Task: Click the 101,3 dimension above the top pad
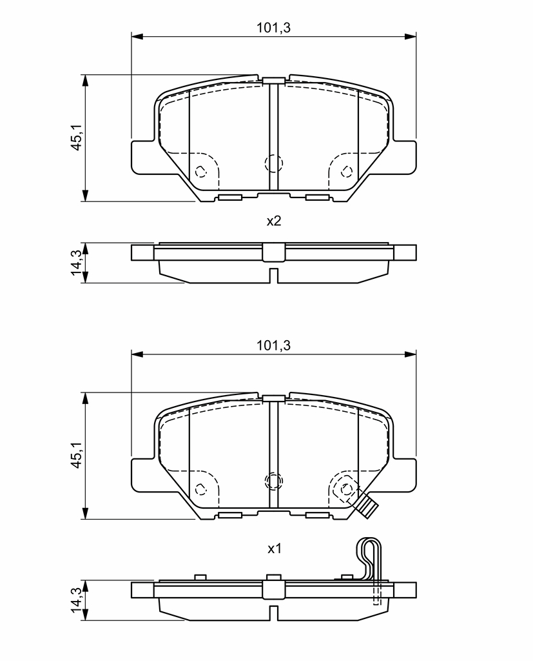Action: tap(274, 28)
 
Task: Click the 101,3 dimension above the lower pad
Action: tap(274, 346)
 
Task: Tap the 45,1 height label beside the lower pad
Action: tap(77, 455)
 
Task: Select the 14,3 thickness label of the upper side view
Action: tap(77, 263)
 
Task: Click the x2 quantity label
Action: tap(274, 221)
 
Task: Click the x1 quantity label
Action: tap(274, 549)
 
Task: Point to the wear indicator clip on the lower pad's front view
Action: tap(365, 505)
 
